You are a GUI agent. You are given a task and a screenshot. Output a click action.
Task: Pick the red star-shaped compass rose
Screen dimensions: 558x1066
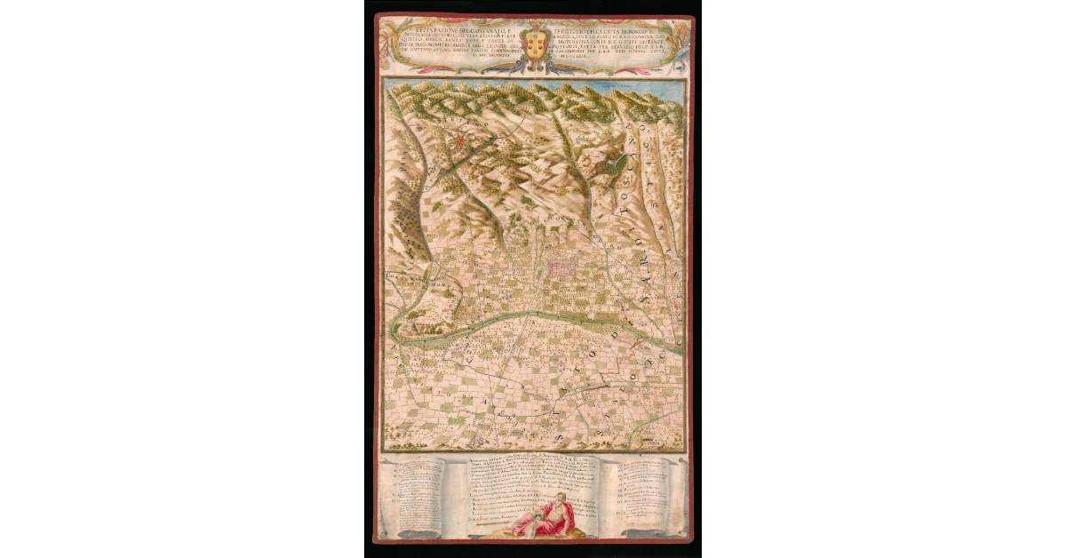[x=458, y=139]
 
